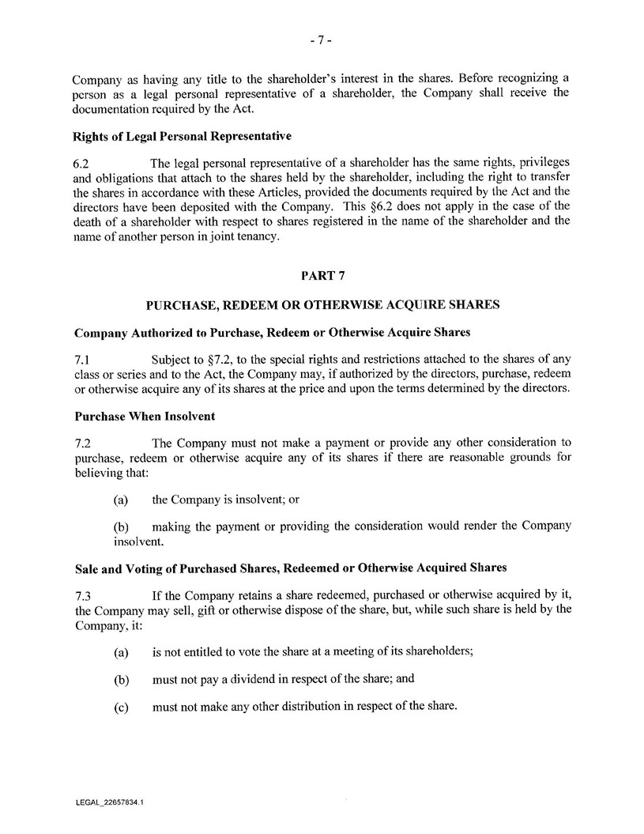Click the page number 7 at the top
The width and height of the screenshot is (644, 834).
pos(321,43)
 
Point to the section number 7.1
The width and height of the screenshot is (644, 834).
pos(81,360)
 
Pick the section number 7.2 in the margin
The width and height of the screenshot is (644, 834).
pos(81,441)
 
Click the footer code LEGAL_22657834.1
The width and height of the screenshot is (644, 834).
pos(109,802)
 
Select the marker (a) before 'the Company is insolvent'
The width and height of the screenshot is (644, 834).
pos(122,500)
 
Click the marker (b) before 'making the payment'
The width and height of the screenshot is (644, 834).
pos(122,526)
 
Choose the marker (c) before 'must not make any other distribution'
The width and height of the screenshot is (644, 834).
pos(122,706)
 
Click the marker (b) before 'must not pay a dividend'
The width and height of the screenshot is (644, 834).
pos(122,679)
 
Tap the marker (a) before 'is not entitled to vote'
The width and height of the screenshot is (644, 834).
pos(122,651)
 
